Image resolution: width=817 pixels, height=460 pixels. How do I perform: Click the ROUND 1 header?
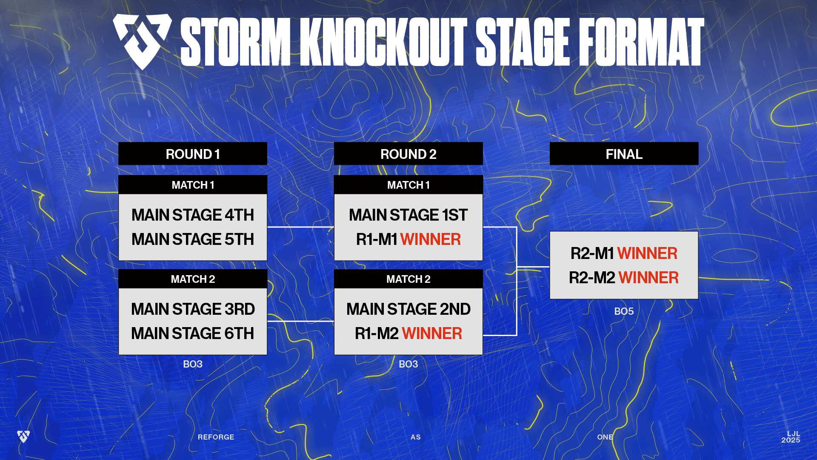193,154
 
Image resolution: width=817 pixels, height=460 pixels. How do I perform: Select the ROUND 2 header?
408,154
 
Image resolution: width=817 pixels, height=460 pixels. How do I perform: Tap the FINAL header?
624,154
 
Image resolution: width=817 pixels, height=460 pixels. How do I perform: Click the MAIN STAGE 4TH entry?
193,215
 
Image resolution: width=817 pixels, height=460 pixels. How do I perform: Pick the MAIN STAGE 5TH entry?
193,239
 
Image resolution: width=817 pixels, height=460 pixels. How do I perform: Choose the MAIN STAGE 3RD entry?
193,309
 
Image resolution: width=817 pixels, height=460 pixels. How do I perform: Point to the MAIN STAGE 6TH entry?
193,333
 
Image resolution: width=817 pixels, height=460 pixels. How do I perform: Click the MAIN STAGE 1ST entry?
408,215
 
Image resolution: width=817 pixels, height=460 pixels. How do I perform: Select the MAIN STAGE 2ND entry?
408,309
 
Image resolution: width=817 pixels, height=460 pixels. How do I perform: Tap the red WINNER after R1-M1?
431,239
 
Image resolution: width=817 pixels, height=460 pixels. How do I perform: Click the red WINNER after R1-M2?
432,333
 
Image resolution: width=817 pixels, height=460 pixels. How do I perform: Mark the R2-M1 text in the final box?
592,253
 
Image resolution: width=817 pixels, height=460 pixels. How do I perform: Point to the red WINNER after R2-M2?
649,278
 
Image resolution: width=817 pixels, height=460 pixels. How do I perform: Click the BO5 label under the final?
624,311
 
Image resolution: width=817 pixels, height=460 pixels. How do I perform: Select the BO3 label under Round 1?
193,364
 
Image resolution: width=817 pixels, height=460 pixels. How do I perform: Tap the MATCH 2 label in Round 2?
408,279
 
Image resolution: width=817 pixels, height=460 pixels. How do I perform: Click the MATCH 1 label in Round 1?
193,185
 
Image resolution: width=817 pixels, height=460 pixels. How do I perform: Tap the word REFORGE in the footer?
216,437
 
